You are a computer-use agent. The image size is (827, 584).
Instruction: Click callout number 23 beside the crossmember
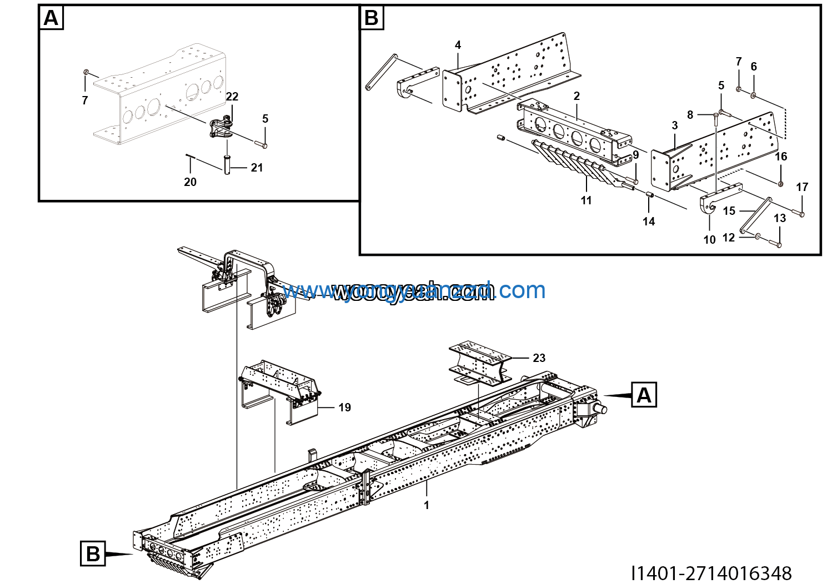tap(539, 358)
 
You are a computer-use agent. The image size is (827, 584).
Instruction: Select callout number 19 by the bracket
tap(344, 407)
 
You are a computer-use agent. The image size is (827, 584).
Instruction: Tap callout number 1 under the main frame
tap(427, 505)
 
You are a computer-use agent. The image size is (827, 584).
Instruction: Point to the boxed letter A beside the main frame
tap(644, 395)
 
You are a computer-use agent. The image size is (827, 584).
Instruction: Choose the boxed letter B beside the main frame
tap(93, 553)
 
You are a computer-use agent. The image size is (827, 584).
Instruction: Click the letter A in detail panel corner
tap(51, 18)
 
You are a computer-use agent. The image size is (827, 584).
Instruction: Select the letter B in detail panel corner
tap(372, 18)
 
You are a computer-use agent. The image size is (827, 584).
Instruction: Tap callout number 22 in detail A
tap(232, 97)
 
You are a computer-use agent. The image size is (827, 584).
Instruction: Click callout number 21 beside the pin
tap(257, 168)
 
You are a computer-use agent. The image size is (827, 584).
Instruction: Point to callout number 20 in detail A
tap(190, 182)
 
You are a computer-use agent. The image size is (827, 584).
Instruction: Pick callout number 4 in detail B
tap(458, 45)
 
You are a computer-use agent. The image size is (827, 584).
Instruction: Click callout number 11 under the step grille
tap(587, 200)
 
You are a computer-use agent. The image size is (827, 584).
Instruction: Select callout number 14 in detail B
tap(649, 221)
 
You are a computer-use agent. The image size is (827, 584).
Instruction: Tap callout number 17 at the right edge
tap(802, 187)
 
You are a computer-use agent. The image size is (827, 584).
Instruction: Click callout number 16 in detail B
tap(781, 157)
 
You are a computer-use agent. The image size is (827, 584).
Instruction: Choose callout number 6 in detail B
tap(754, 67)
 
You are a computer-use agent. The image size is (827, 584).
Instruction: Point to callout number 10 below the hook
tap(709, 240)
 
